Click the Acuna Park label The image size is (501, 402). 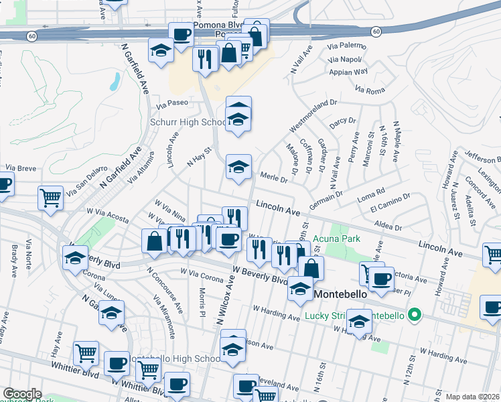[342, 239]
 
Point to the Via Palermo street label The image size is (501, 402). [347, 46]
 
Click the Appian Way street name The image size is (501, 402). [348, 71]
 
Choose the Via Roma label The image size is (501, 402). [370, 90]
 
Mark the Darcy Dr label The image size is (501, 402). [342, 121]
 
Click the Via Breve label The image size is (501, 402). [21, 167]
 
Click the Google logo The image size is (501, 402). [23, 394]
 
